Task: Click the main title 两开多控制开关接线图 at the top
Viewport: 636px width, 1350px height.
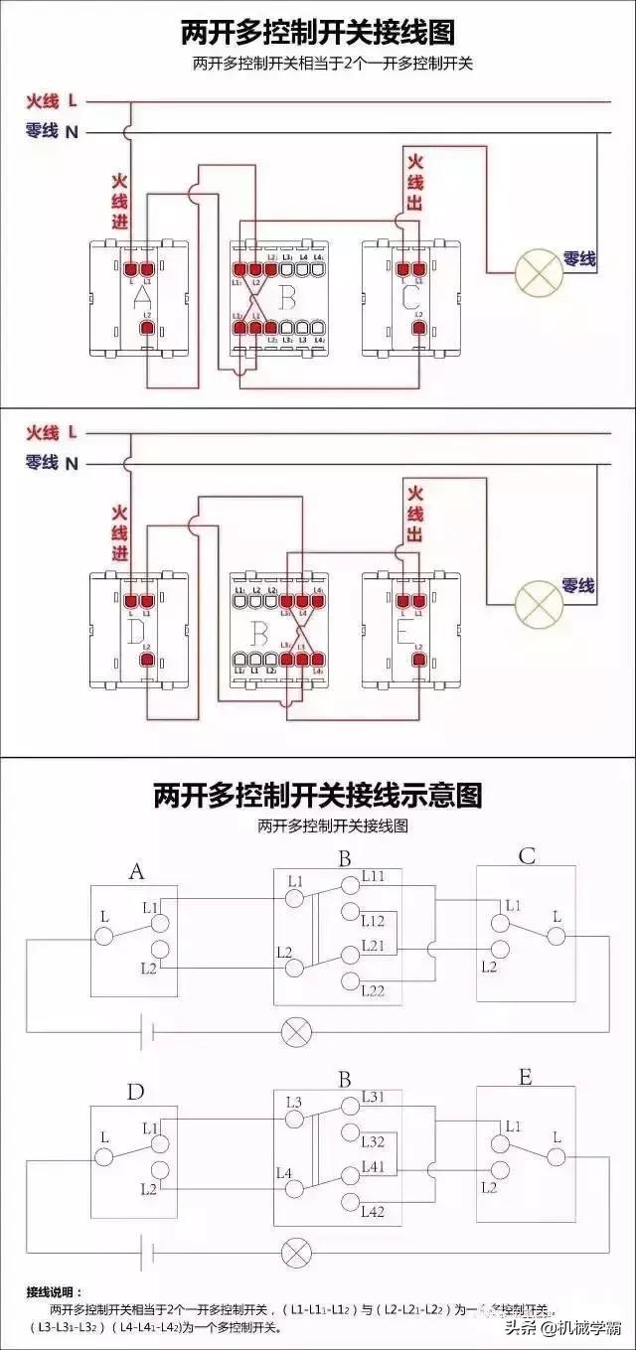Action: [317, 33]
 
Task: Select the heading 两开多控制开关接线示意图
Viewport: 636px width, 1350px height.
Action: [317, 795]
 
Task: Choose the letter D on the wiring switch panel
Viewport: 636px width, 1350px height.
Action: [137, 629]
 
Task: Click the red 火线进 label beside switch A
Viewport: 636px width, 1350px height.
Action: [119, 203]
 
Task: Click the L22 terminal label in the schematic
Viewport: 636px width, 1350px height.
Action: [374, 991]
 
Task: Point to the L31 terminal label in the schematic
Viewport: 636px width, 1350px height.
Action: [374, 1097]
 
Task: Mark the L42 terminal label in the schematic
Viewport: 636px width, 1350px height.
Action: [374, 1211]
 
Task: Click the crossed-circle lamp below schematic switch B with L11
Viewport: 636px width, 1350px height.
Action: [296, 1030]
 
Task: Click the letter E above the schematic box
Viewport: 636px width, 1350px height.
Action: [526, 1077]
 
